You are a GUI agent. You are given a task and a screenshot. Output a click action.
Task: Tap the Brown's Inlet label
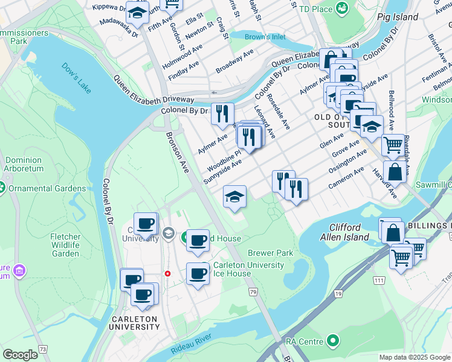265,37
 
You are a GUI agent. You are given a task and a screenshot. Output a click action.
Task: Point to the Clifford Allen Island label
349,232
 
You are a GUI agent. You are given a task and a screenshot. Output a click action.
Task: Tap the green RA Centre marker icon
332,341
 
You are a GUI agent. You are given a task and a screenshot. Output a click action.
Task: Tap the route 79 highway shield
254,292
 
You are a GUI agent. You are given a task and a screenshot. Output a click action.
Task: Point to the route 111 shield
379,281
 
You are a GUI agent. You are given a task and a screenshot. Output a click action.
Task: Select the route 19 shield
340,293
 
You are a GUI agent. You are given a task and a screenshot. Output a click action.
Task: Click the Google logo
21,354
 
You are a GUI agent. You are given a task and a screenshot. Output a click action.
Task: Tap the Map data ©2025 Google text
414,357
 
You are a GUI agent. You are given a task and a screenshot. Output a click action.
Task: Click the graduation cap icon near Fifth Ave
138,11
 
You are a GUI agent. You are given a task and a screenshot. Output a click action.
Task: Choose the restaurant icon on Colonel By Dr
222,112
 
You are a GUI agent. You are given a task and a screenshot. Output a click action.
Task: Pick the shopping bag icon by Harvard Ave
394,171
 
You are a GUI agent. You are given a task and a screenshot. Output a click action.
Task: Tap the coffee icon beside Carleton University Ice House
198,274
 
